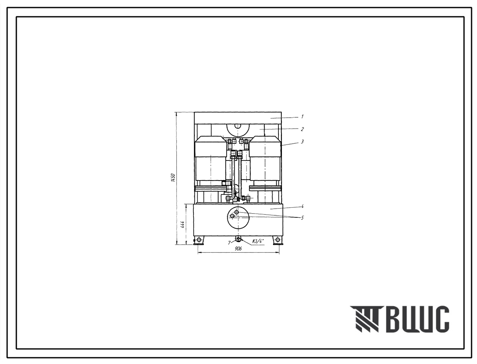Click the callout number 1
pos(302,116)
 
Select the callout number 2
pos(302,129)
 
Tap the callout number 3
pos(302,142)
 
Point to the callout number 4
pos(302,206)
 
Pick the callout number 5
pos(302,218)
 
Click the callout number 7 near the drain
pos(229,243)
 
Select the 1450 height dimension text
pos(173,178)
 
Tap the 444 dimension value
pos(182,225)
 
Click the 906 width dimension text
pos(238,249)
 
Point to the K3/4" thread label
pos(258,241)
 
